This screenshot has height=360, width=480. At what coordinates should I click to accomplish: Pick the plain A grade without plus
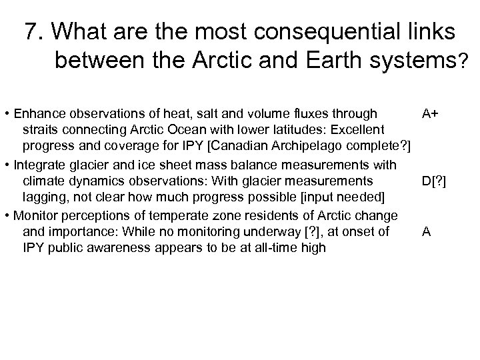(426, 231)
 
